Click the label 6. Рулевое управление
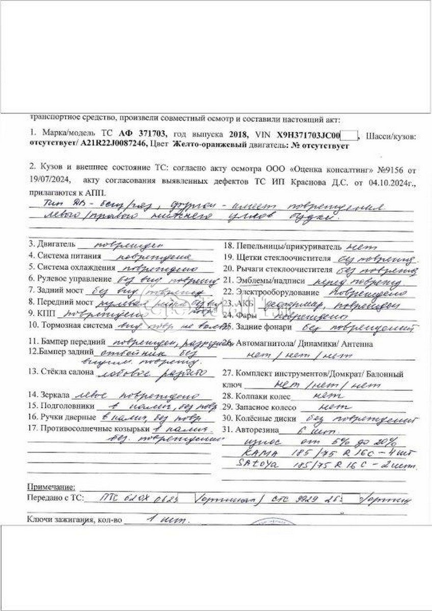tap(69, 279)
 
